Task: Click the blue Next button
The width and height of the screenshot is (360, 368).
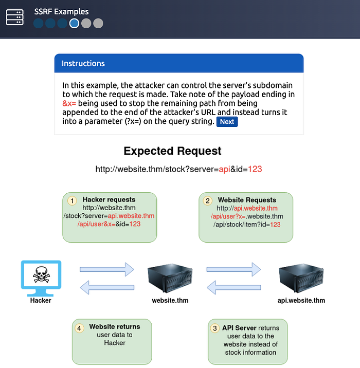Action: point(227,122)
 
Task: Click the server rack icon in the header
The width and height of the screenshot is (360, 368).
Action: point(14,17)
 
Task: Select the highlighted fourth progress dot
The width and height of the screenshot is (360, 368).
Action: point(74,23)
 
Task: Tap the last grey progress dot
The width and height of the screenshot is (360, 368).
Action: point(98,23)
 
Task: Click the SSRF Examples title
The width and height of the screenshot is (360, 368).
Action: point(61,11)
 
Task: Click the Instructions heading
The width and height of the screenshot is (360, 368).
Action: point(83,63)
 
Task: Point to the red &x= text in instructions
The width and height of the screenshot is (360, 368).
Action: point(69,103)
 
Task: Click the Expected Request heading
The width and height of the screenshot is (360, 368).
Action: point(172,151)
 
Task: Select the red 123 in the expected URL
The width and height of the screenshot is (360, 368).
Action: point(255,169)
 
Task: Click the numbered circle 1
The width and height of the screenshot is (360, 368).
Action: point(72,200)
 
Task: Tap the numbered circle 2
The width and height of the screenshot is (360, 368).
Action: point(208,200)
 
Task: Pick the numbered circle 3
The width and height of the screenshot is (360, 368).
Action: point(214,328)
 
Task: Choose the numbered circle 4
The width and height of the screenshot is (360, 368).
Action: point(79,328)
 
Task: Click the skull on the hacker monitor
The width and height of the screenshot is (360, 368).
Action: point(41,274)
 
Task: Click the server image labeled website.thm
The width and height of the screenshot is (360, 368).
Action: point(170,278)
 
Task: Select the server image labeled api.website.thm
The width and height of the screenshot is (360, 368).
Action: point(301,278)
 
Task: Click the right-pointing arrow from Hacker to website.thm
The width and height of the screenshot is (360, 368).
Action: point(107,269)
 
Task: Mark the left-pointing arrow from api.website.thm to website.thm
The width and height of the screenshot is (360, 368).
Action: point(234,287)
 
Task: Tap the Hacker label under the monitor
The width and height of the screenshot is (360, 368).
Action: point(41,300)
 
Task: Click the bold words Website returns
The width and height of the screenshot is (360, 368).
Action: point(115,326)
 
